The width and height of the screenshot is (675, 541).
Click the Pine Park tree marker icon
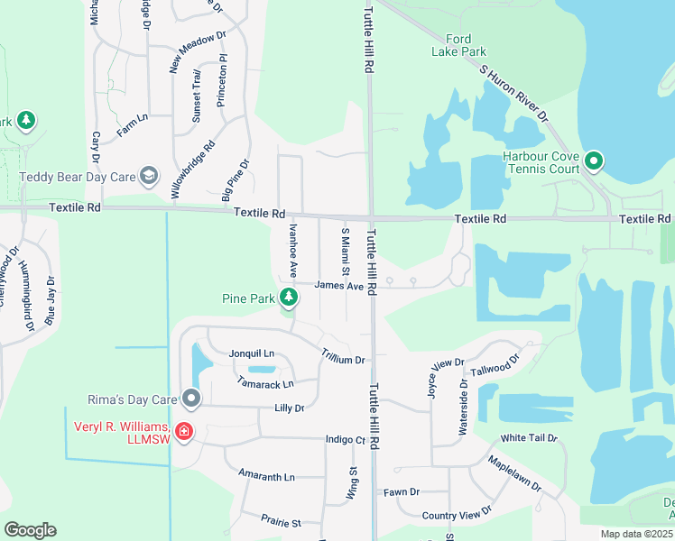288,297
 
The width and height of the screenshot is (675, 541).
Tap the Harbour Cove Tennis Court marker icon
594,162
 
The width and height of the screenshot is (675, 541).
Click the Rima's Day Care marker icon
190,398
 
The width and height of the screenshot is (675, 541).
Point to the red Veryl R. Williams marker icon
183,431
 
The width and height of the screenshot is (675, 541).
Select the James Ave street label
338,286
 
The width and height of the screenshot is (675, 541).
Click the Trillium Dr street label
343,358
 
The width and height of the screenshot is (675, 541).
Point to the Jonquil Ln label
251,353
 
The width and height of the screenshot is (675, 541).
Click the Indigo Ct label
346,440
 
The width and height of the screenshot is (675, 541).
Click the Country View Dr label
457,514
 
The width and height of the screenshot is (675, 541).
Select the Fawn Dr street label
402,491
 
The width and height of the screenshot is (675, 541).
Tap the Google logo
30,530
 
